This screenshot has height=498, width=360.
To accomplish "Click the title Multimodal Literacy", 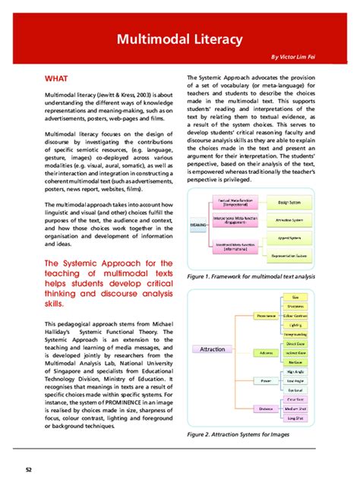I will tap(179, 39).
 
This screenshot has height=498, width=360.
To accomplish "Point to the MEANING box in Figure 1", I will tap(199, 225).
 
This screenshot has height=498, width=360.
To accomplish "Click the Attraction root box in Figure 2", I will tap(213, 349).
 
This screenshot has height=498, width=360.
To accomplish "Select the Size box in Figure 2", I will tap(294, 296).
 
